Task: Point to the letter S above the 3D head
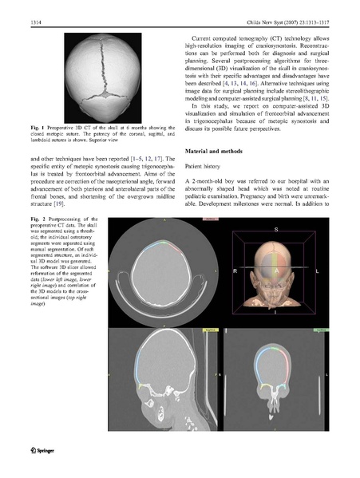point(276,229)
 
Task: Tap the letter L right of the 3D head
point(318,272)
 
